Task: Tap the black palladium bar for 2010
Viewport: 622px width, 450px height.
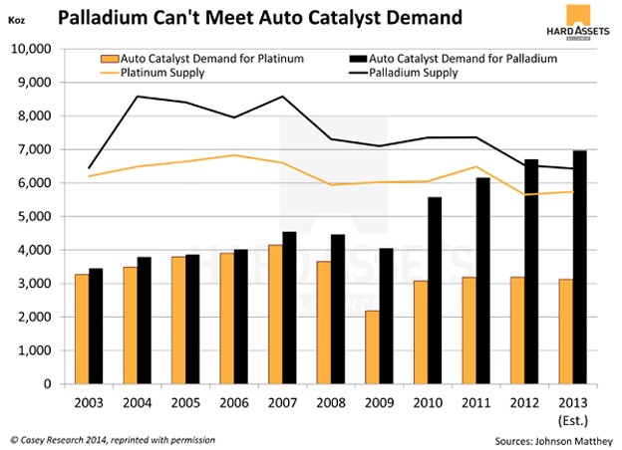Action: tap(435, 290)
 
